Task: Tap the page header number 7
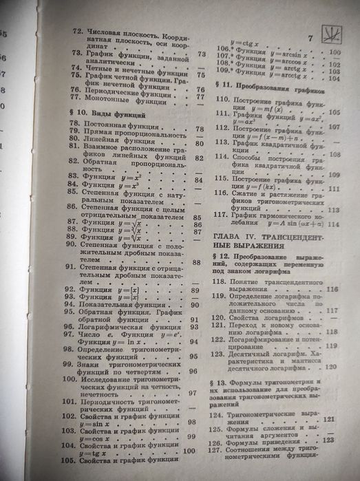tap(310, 37)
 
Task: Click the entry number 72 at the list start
tap(79, 31)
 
